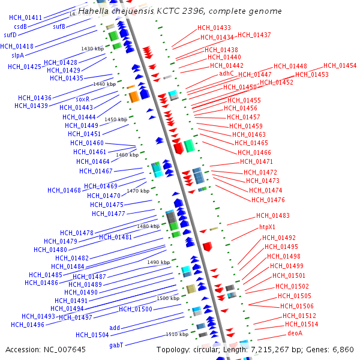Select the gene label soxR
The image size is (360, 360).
click(x=83, y=99)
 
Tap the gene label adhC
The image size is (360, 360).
click(x=227, y=73)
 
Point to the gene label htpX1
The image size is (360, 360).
click(x=267, y=227)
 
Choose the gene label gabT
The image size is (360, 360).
click(x=116, y=345)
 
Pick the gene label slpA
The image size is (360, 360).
click(x=17, y=55)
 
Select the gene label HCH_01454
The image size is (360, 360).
click(x=340, y=66)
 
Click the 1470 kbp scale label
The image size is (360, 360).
click(x=138, y=191)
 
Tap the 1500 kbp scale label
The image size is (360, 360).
click(x=168, y=298)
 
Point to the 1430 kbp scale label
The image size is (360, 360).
click(x=92, y=49)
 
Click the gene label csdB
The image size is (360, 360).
click(x=20, y=26)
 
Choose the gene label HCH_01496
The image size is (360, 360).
click(x=28, y=325)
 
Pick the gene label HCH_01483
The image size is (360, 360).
click(x=273, y=215)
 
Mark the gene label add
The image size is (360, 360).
click(x=115, y=328)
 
